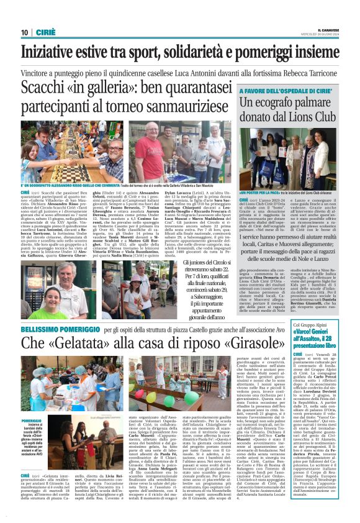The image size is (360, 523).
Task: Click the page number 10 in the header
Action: [25, 32]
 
